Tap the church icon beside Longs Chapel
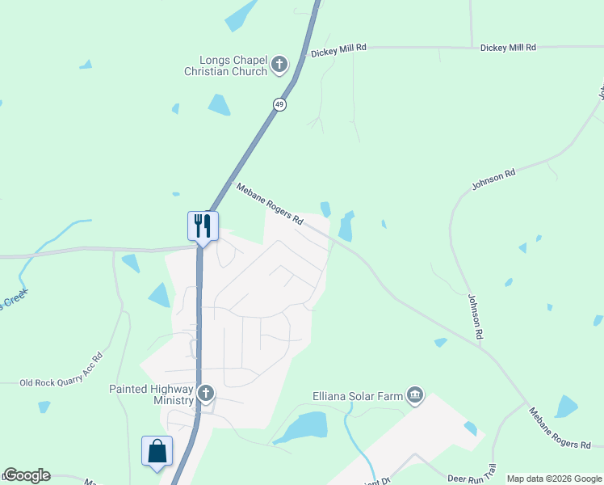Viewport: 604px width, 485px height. tap(279, 64)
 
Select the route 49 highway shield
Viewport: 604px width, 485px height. tap(279, 104)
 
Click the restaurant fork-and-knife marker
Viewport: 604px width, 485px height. tap(202, 225)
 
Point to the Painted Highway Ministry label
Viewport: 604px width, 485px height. tap(152, 394)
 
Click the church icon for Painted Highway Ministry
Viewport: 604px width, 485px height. tap(206, 394)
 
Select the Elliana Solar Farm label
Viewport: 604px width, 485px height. tap(357, 396)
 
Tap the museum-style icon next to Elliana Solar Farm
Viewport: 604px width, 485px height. tap(415, 394)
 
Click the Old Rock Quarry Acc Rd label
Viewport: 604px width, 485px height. tap(62, 369)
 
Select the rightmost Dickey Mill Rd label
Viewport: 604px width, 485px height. tap(508, 48)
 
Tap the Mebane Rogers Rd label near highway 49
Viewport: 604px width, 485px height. tap(270, 204)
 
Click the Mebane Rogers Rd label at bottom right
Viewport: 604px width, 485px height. tap(560, 428)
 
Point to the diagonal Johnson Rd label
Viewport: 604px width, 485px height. tap(493, 180)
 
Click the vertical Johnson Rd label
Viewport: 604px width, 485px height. tap(475, 315)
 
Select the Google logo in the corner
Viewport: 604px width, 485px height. tap(26, 475)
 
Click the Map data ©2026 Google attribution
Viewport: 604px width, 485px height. tap(554, 479)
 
